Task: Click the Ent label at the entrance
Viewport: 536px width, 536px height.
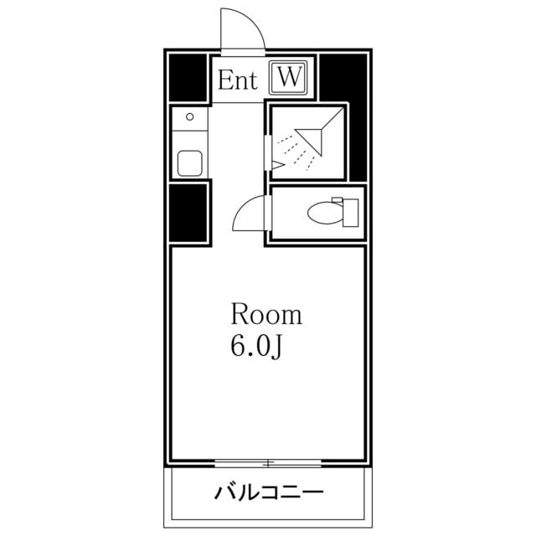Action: [x=238, y=80]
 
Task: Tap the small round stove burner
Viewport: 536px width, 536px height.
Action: [x=190, y=117]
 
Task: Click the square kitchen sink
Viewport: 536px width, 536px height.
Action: [x=190, y=162]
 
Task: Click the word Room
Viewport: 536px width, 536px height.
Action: [x=265, y=316]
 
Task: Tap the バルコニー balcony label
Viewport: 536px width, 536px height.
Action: [x=268, y=491]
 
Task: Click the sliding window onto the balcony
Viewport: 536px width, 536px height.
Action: [x=268, y=462]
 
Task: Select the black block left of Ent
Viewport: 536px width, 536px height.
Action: [x=188, y=77]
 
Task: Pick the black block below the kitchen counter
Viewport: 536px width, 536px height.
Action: [x=188, y=213]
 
